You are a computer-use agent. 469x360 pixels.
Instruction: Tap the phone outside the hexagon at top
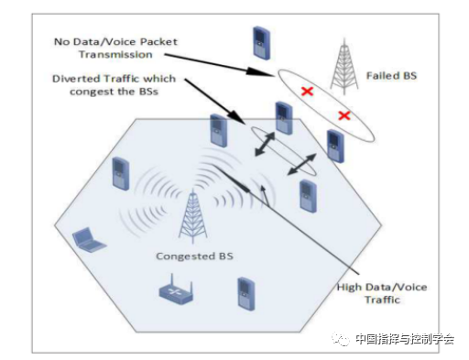263,41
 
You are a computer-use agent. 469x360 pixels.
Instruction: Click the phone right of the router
245,291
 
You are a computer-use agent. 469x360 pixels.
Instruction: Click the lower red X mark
344,115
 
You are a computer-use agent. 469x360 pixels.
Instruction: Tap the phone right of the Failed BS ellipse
336,145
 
